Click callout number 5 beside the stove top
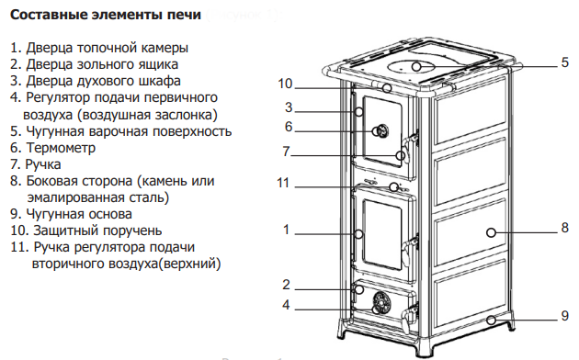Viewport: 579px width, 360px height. tap(564, 62)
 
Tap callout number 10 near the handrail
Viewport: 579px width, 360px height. tap(285, 84)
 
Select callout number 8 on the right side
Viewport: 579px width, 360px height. tap(564, 228)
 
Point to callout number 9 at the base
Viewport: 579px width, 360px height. tap(564, 316)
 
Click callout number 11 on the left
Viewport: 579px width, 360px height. tap(283, 183)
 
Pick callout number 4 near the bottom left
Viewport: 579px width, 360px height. tap(286, 305)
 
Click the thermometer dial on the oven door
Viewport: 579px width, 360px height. tap(381, 131)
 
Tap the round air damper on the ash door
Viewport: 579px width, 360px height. tap(381, 303)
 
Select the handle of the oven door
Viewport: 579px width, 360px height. tap(410, 148)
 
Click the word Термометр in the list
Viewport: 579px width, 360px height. tap(61, 148)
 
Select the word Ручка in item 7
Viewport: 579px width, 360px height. tap(43, 164)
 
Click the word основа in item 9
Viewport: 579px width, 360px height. tap(110, 214)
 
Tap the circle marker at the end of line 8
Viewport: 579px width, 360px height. tap(491, 232)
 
